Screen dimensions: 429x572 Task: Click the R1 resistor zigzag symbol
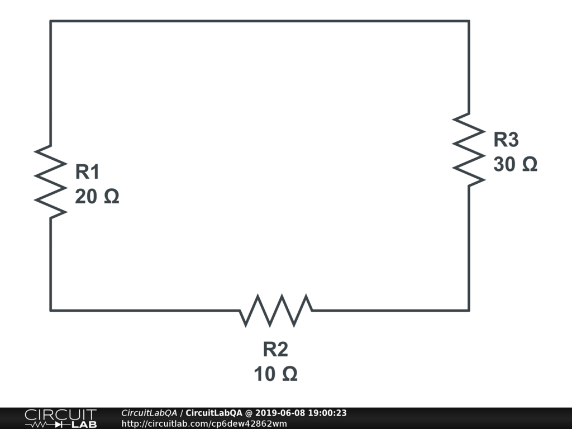pos(50,182)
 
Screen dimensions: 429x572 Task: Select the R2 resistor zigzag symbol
pos(275,310)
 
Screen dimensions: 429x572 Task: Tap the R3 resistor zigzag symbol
pos(468,149)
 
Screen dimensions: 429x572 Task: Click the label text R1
pos(88,172)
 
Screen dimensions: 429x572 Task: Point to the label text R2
pos(275,350)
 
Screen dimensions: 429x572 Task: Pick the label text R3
pos(506,140)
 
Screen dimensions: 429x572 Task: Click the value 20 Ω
pos(97,197)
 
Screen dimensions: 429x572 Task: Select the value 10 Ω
pos(275,374)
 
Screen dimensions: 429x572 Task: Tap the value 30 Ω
pos(515,164)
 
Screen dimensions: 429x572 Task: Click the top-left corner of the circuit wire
pos(51,21)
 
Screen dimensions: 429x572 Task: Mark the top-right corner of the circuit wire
pos(468,21)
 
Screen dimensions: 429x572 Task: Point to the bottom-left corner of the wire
pos(51,310)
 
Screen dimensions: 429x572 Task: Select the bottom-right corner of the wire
pos(468,310)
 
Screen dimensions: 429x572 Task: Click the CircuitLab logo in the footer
pos(60,418)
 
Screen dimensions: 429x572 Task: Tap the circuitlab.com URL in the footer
pos(204,423)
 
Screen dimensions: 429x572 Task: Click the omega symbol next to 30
pos(529,164)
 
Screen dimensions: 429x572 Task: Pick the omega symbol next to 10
pos(289,374)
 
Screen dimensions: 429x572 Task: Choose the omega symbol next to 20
pos(111,197)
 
